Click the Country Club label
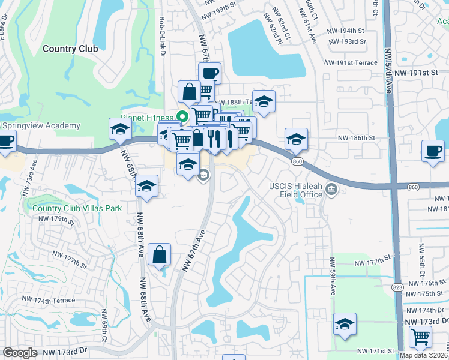click(70, 49)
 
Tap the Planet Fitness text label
click(146, 118)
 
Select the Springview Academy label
click(42, 125)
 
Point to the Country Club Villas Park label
click(77, 208)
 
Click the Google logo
click(20, 353)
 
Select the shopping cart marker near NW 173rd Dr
click(420, 337)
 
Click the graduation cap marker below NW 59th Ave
click(345, 324)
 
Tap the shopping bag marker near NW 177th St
click(159, 254)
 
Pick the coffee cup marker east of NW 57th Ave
click(433, 151)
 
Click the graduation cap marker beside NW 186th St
click(296, 139)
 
